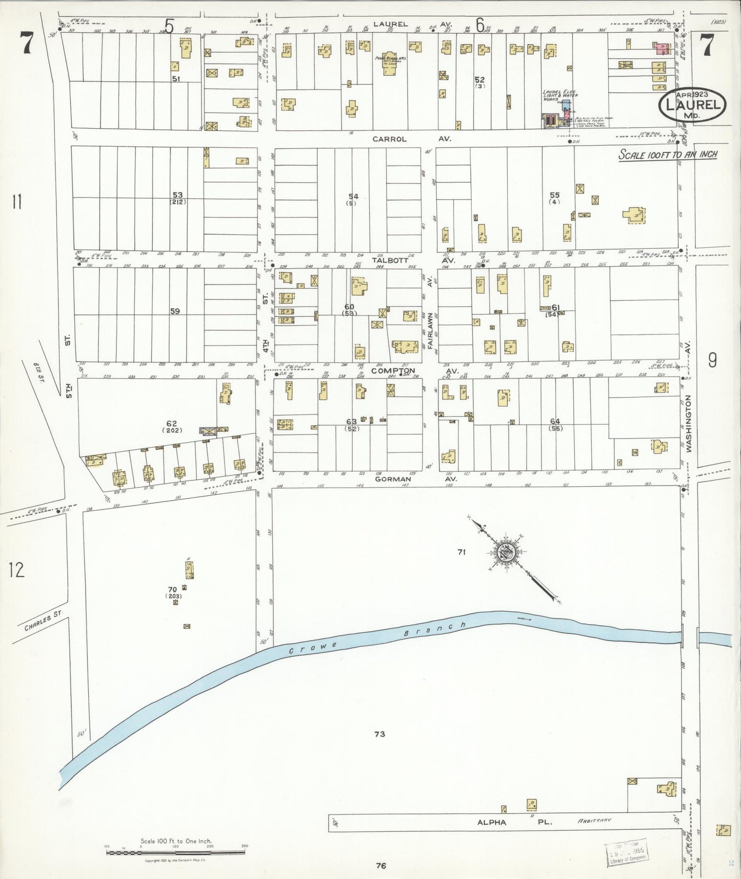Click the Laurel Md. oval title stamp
tap(692, 105)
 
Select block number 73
tap(379, 734)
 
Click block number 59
tap(175, 311)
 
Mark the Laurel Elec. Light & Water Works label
tap(560, 95)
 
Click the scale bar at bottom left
tap(175, 852)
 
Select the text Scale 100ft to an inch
tap(668, 154)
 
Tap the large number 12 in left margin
tap(16, 569)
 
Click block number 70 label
tap(172, 590)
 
